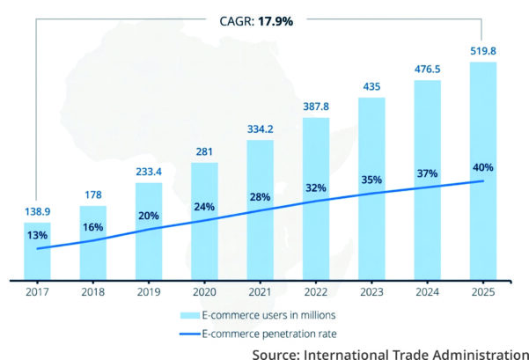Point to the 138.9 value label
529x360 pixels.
(37, 211)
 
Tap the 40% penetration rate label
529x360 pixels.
(483, 167)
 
